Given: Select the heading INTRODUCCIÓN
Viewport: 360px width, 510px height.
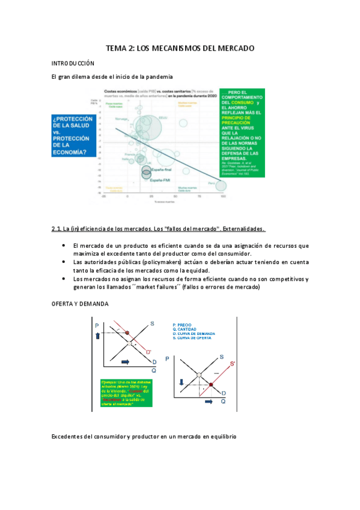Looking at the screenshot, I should point(73,63).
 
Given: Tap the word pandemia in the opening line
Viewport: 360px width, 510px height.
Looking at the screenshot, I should point(157,77).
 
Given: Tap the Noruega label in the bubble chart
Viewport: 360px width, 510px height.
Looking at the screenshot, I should point(120,119).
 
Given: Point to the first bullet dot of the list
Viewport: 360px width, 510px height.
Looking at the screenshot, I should point(64,246).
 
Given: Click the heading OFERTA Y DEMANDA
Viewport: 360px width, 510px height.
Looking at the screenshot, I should point(79,304).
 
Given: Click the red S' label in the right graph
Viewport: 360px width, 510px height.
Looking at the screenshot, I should point(233,363).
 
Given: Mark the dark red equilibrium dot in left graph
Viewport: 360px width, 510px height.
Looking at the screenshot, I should point(127,332).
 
